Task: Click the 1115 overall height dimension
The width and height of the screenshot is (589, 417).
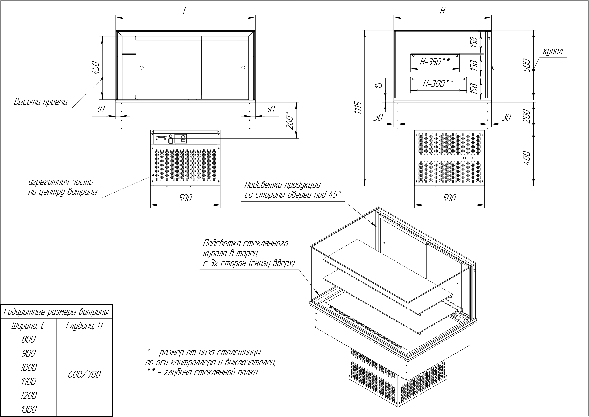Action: point(359,108)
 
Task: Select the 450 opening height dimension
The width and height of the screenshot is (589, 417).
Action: point(95,68)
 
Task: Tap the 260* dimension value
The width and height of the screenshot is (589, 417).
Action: point(289,121)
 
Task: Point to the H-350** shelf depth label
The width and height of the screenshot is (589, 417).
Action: point(435,62)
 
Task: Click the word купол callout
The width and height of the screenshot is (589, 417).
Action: point(553,51)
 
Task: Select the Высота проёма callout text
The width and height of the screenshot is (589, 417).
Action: point(40,102)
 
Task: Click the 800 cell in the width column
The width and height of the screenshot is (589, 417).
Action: point(28,340)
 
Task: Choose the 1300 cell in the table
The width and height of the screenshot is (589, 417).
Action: point(28,409)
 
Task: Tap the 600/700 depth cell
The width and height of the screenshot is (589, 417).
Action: point(84,374)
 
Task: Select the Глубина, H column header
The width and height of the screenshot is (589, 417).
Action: point(84,326)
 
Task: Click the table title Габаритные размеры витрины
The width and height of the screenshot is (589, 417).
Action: point(57,312)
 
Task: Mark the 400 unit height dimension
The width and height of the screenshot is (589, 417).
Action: point(526,158)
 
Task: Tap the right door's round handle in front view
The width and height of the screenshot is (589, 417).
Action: point(243,67)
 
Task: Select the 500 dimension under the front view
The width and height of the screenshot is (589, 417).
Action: point(185,198)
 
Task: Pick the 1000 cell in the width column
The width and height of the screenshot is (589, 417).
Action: point(28,368)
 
